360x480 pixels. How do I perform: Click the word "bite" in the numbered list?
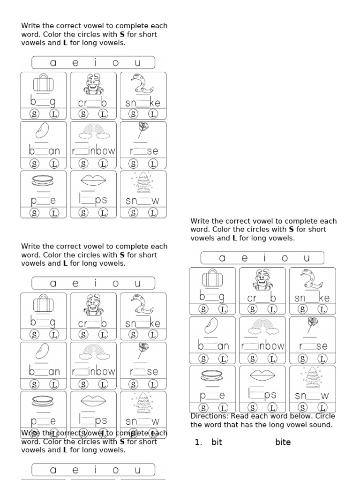pyautogui.click(x=283, y=442)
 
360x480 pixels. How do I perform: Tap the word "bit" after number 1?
pyautogui.click(x=217, y=442)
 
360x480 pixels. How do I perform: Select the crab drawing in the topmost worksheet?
pyautogui.click(x=93, y=84)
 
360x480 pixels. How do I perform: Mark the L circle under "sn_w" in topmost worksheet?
pyautogui.click(x=153, y=213)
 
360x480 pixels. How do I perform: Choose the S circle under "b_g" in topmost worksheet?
pyautogui.click(x=34, y=114)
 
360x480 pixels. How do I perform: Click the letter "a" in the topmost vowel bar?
pyautogui.click(x=53, y=63)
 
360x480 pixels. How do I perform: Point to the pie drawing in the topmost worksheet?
pyautogui.click(x=44, y=180)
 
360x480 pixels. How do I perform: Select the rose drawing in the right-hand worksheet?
pyautogui.click(x=312, y=325)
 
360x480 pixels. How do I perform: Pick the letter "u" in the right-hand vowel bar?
pyautogui.click(x=307, y=258)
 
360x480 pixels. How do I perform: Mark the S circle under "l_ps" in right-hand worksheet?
pyautogui.click(x=253, y=408)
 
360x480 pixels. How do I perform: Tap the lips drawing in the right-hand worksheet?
pyautogui.click(x=262, y=375)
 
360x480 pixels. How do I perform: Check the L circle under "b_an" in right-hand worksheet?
pyautogui.click(x=223, y=359)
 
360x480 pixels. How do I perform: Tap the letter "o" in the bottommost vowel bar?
pyautogui.click(x=116, y=470)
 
